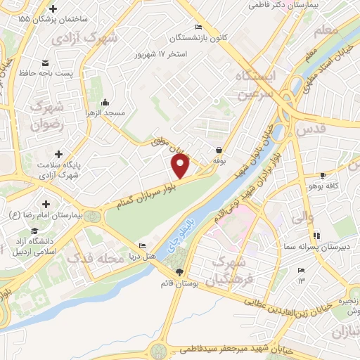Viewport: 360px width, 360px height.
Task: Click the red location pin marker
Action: coord(181,166)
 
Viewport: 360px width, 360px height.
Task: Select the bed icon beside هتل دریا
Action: coord(143,245)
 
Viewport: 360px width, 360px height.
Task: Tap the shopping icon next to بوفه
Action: coord(219,150)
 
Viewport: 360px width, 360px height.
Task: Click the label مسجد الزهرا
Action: coord(105,112)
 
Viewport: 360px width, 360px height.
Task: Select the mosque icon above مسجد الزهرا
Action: coord(105,101)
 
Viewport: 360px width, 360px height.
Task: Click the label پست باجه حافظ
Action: coord(45,72)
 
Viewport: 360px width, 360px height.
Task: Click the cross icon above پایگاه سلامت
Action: coord(58,153)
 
